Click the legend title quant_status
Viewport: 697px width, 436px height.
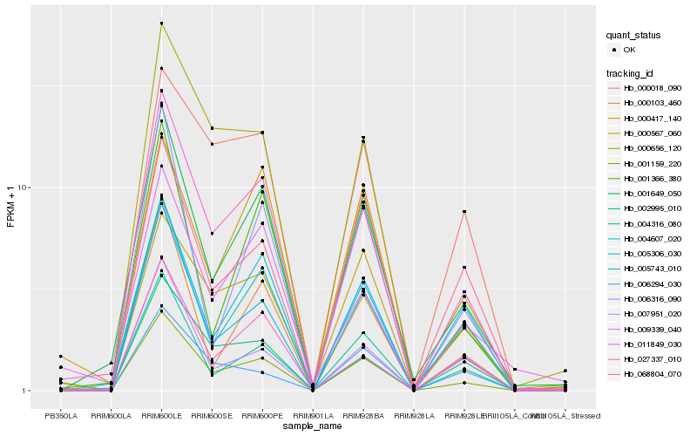click(x=634, y=35)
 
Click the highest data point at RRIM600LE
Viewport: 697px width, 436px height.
click(x=160, y=24)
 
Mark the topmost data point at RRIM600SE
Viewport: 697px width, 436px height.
click(x=212, y=128)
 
